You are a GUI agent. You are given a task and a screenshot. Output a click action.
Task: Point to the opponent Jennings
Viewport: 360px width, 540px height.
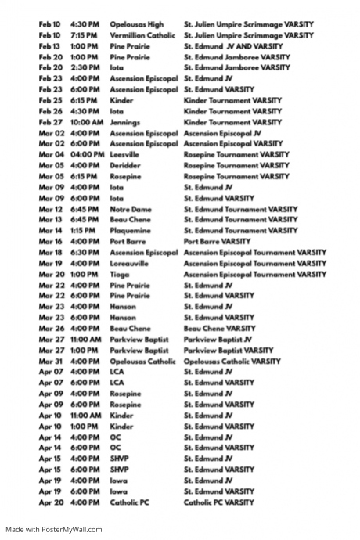tap(124, 123)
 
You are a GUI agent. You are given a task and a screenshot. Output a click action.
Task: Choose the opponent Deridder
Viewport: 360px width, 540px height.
tap(125, 166)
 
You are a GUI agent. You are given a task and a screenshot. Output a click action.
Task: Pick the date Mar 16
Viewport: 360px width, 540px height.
tap(51, 242)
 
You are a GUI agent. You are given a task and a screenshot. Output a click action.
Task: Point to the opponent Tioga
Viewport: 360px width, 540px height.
tap(121, 275)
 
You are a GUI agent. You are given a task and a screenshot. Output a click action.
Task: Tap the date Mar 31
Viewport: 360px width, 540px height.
tap(51, 362)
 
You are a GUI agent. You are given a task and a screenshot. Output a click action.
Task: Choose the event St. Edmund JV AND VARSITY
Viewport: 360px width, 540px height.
tap(234, 47)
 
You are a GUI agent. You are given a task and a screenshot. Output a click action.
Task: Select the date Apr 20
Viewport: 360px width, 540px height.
tap(51, 502)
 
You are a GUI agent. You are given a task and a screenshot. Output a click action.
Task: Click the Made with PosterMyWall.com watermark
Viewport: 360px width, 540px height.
tap(54, 530)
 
